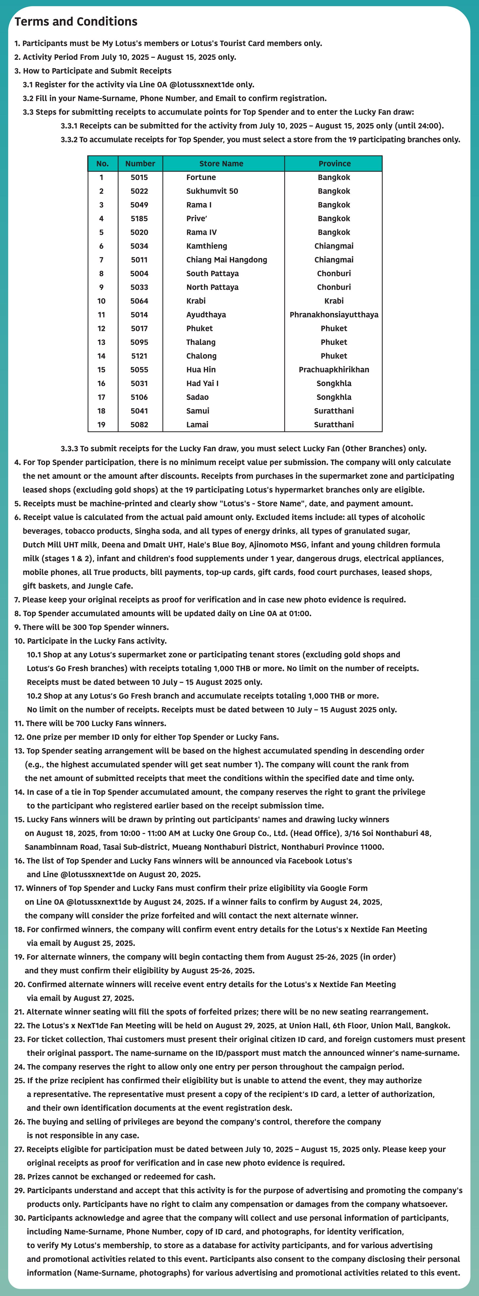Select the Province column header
pos(334,163)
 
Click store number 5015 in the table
pos(139,177)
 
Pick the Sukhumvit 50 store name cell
pos(212,191)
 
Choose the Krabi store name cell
pos(196,301)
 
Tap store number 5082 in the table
pos(139,424)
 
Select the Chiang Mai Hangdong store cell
pos(226,260)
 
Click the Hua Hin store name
pos(201,369)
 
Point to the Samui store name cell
pos(198,411)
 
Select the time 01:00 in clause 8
pos(300,613)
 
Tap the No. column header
pos(102,163)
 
